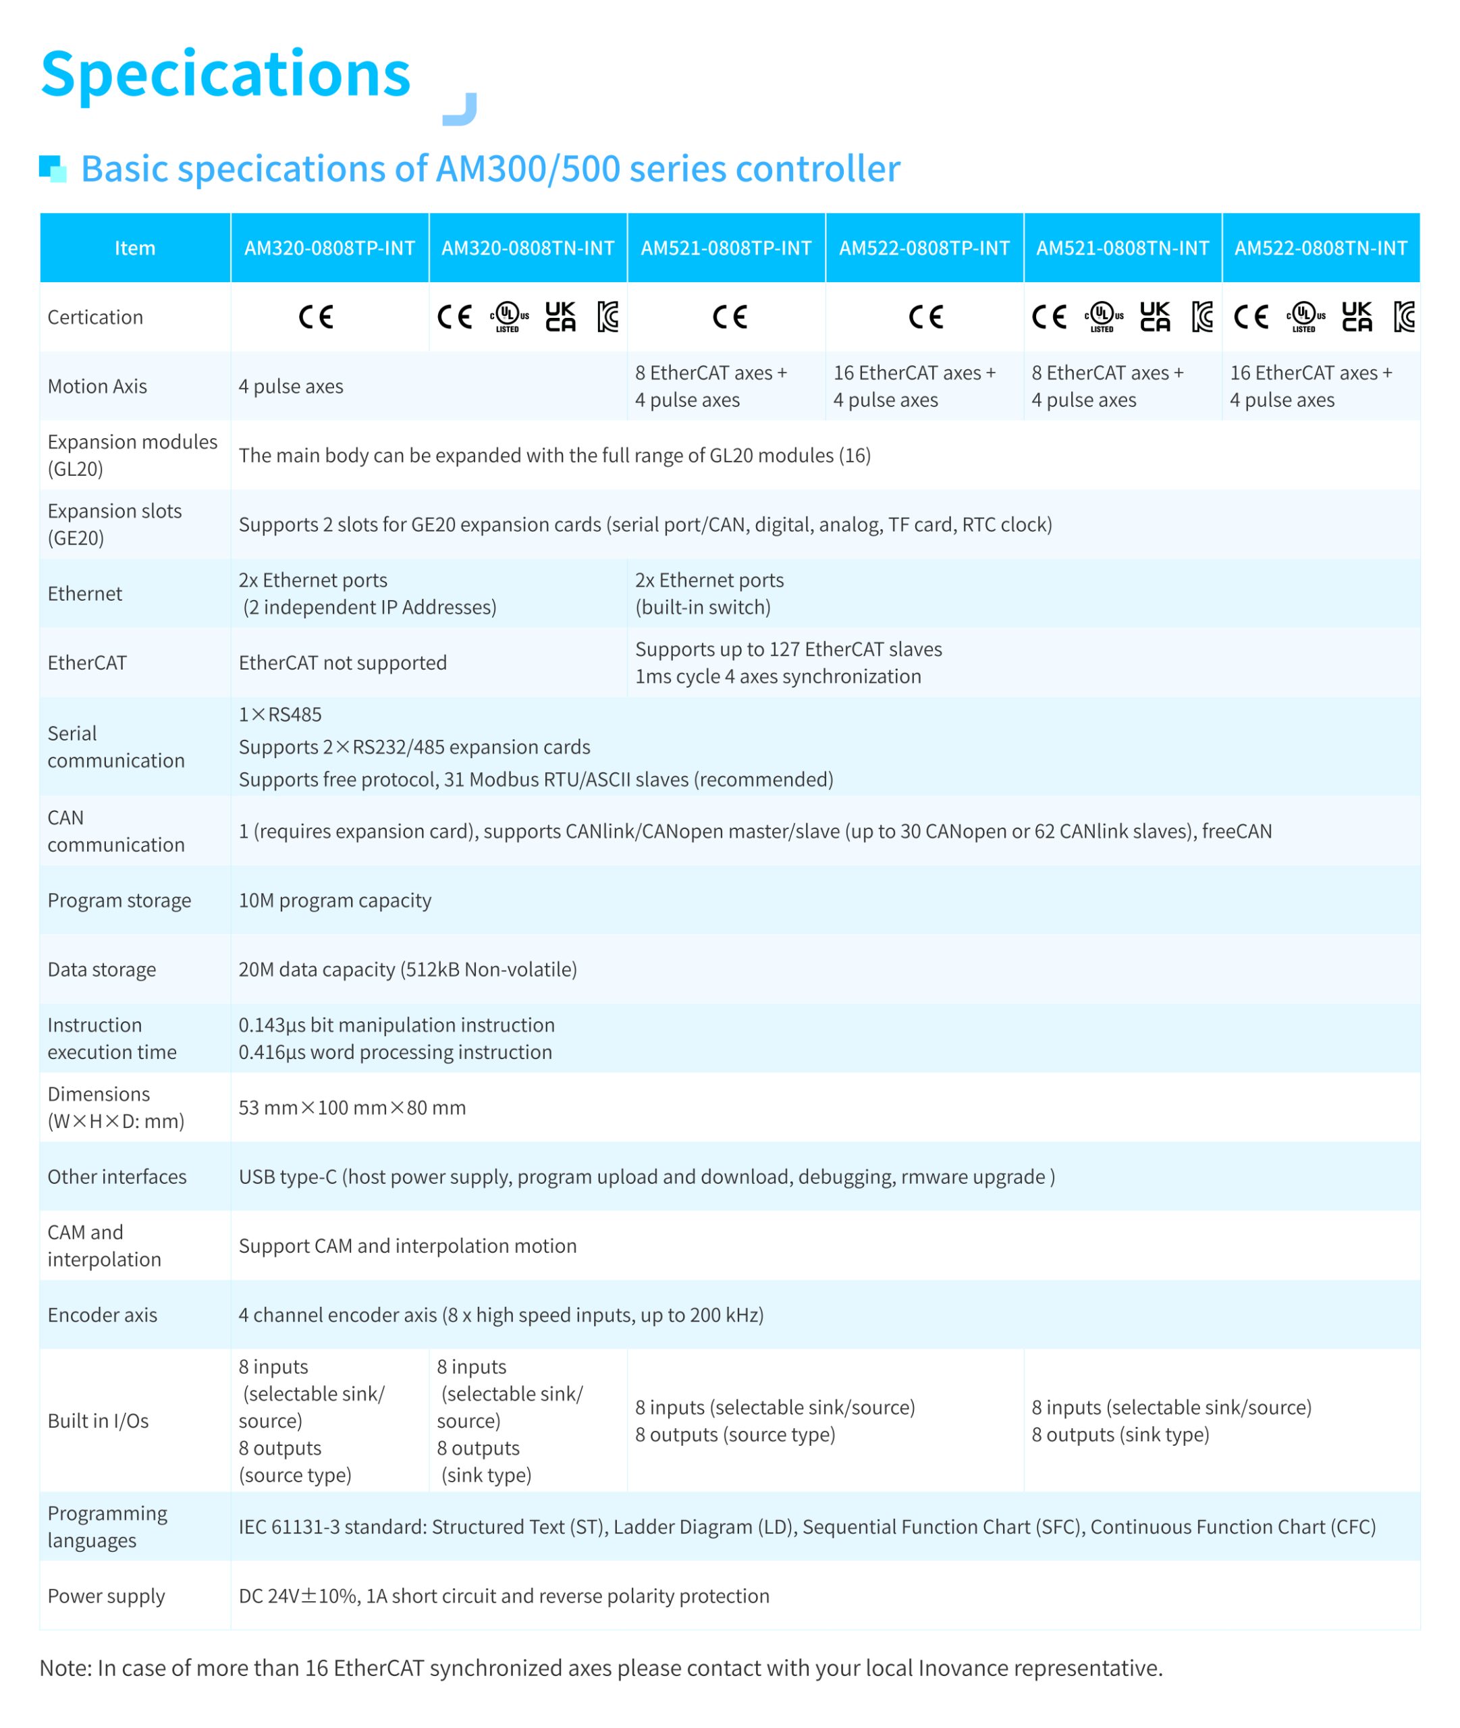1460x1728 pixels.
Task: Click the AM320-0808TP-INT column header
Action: coord(329,248)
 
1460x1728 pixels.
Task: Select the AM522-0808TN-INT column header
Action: coord(1320,248)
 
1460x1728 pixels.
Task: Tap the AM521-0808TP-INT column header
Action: coord(726,248)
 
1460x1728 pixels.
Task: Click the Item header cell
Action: coord(135,248)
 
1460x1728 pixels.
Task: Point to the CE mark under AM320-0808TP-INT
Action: coord(316,317)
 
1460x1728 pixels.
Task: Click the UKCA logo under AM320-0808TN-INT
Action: coord(560,317)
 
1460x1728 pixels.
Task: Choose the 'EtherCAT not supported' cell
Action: coord(343,663)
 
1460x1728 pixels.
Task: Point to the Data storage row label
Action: coord(102,969)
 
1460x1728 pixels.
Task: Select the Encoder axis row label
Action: coord(103,1315)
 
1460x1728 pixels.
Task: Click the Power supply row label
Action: coord(107,1596)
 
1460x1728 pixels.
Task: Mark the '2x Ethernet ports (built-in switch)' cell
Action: coord(709,593)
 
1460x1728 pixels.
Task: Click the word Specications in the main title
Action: coord(226,74)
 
